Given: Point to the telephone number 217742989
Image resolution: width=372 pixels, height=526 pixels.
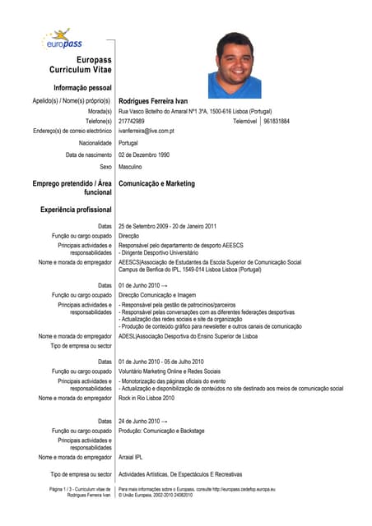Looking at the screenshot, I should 132,121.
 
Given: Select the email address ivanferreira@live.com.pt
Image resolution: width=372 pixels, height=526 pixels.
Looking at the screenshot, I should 146,131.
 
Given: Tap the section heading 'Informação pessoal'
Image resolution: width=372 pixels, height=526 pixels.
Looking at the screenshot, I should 82,87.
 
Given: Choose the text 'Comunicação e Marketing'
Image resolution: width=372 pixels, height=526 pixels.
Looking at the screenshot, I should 157,184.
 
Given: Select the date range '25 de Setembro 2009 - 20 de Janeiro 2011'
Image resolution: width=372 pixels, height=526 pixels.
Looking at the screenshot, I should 168,226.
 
